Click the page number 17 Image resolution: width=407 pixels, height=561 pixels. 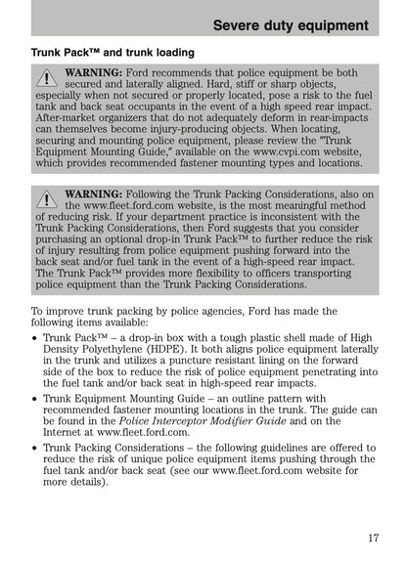coord(374,537)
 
